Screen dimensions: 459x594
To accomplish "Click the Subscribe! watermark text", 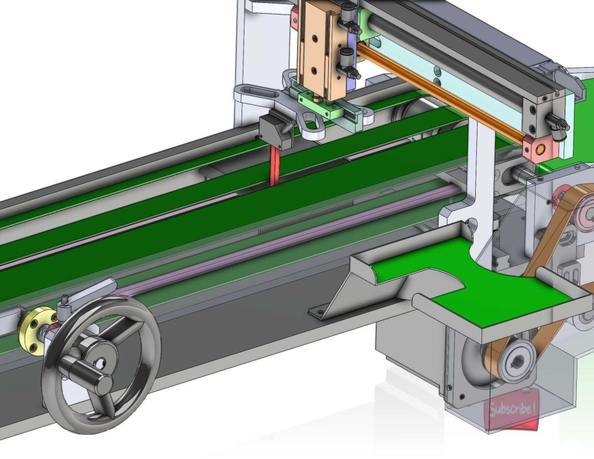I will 513,410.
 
